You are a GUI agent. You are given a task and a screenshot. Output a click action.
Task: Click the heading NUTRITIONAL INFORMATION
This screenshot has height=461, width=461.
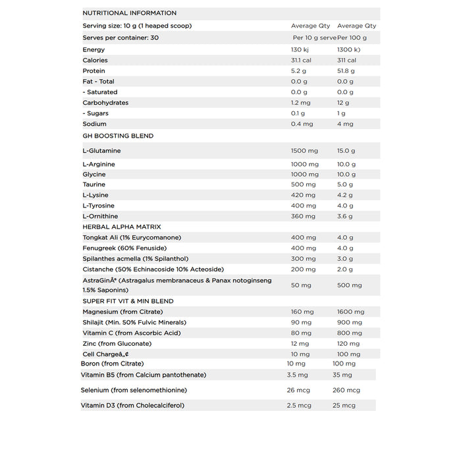pyautogui.click(x=129, y=13)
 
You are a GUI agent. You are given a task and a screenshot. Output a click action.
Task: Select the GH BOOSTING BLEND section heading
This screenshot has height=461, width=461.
pyautogui.click(x=118, y=136)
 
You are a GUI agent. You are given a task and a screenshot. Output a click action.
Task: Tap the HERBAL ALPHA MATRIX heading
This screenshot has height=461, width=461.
pyautogui.click(x=122, y=227)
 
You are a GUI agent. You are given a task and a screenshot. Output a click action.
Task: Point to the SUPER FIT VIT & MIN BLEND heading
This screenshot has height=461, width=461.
pyautogui.click(x=128, y=301)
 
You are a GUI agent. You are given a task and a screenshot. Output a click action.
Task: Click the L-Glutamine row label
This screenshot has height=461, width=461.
pyautogui.click(x=101, y=151)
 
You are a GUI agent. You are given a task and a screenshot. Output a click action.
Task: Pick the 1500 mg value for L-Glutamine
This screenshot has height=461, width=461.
pyautogui.click(x=304, y=151)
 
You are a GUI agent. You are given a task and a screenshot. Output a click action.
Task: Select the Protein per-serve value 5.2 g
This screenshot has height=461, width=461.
pyautogui.click(x=298, y=71)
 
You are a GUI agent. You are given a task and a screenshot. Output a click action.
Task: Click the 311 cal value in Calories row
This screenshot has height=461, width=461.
pyautogui.click(x=346, y=61)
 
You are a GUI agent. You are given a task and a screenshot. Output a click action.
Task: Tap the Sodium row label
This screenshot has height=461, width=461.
pyautogui.click(x=94, y=124)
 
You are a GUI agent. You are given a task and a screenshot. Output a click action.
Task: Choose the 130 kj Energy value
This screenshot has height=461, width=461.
pyautogui.click(x=300, y=50)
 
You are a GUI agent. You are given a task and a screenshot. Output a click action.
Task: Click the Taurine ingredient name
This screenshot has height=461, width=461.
pyautogui.click(x=94, y=184)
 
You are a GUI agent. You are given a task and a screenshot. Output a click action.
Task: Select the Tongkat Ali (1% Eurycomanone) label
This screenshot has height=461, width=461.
pyautogui.click(x=132, y=237)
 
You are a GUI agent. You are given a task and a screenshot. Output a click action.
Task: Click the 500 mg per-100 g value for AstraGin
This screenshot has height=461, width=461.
pyautogui.click(x=349, y=285)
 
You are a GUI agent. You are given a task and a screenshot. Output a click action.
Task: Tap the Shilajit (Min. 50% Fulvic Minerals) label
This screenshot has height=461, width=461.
pyautogui.click(x=134, y=322)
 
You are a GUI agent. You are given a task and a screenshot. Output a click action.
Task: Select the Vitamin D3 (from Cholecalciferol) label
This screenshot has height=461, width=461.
pyautogui.click(x=132, y=406)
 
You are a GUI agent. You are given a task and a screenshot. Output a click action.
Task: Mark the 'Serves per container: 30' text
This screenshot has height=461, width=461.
pyautogui.click(x=121, y=38)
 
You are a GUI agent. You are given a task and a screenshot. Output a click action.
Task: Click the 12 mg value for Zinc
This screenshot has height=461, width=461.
pyautogui.click(x=300, y=343)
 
